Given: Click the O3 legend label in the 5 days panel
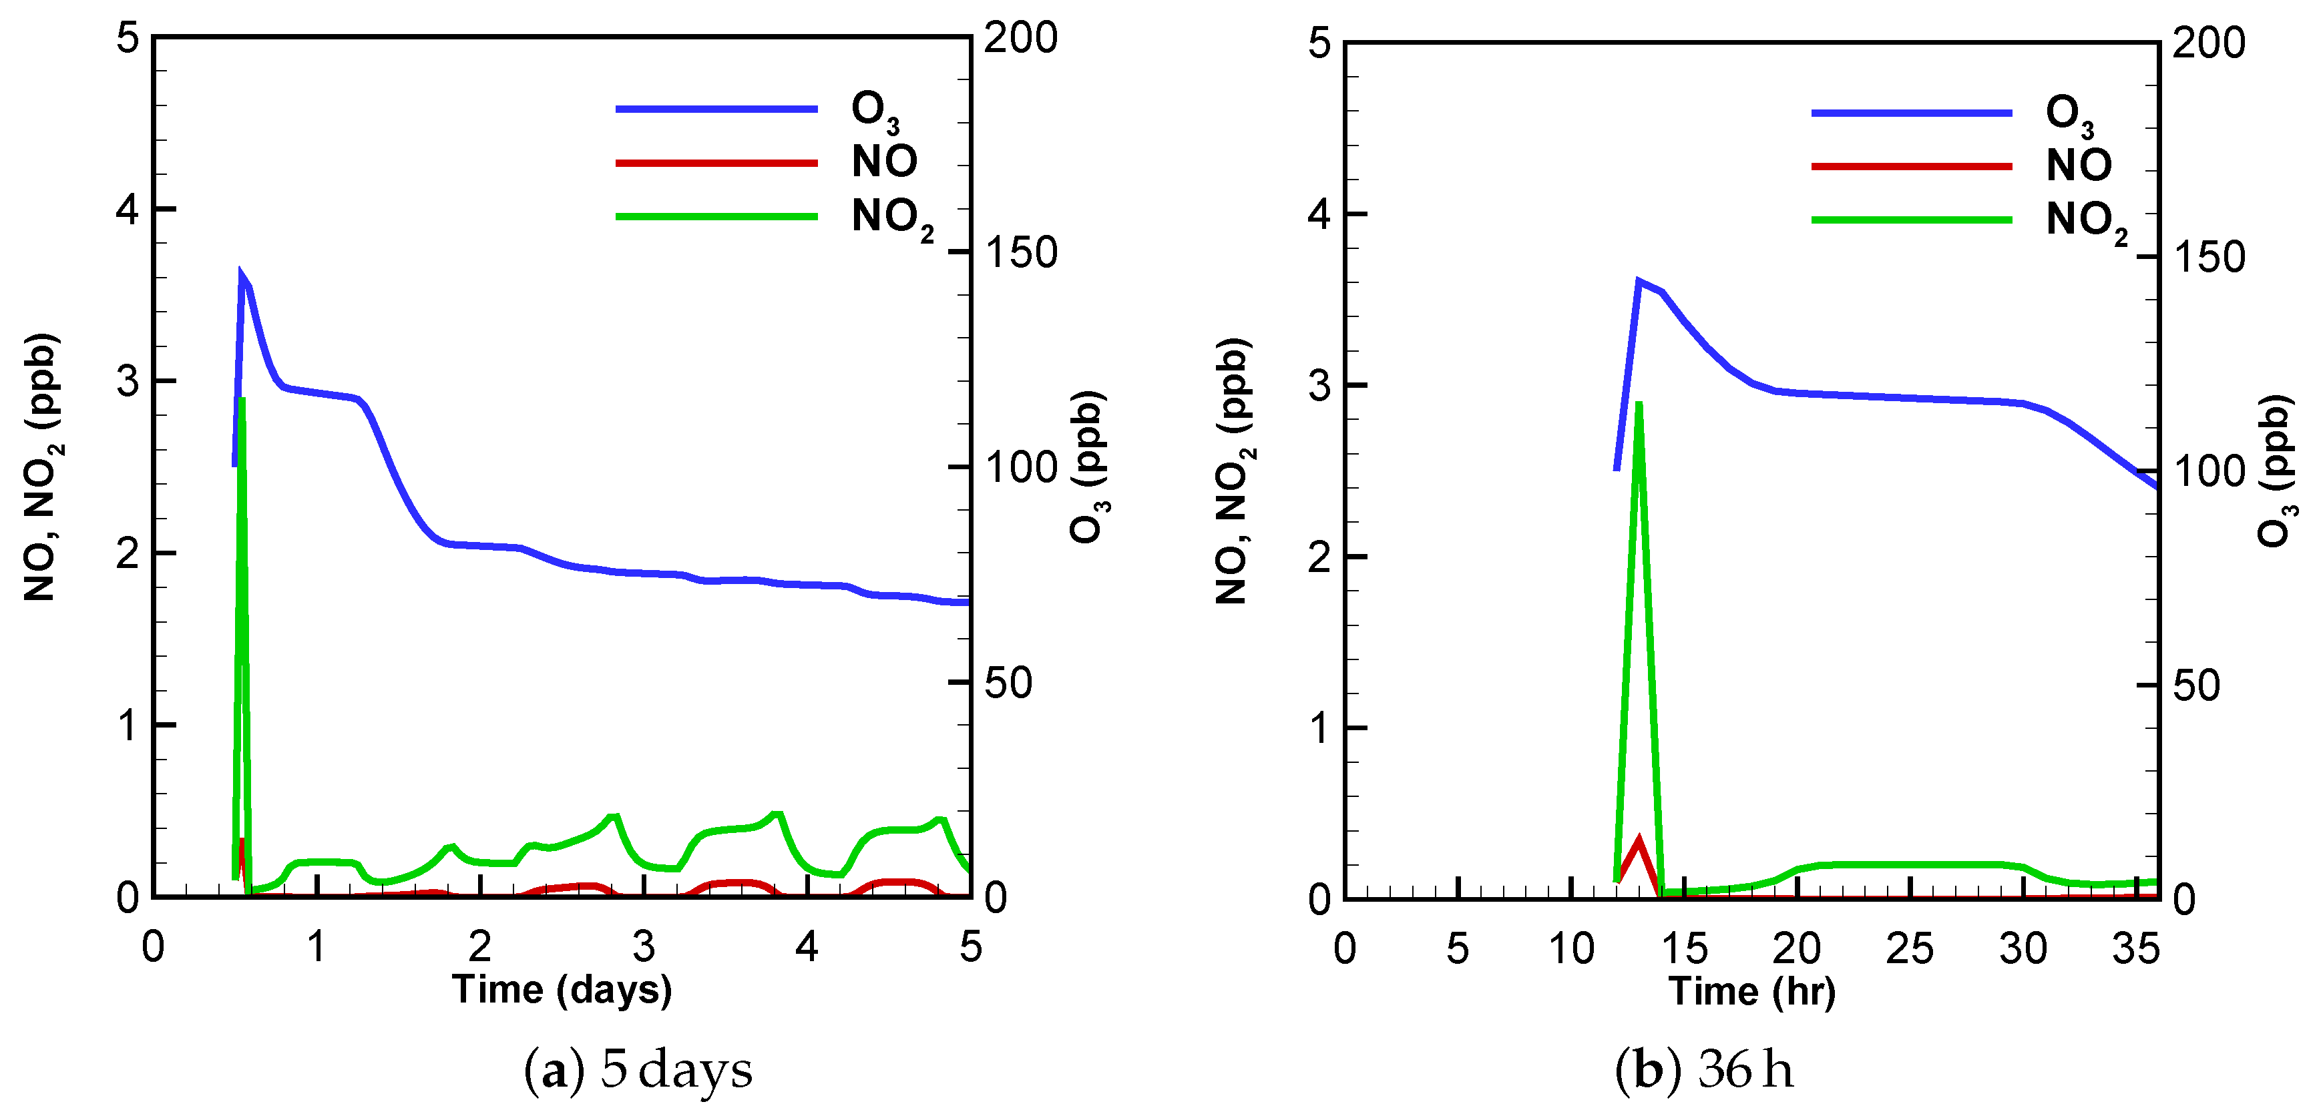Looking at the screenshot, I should pos(873,111).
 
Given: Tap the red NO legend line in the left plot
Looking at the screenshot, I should pos(716,163).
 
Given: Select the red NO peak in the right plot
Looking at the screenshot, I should pos(1639,840).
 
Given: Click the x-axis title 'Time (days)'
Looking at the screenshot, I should pos(562,990).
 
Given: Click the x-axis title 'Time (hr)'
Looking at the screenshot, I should pos(1752,992).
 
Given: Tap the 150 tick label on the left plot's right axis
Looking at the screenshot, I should pos(1020,253).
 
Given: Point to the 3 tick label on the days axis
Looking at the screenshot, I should pos(643,947).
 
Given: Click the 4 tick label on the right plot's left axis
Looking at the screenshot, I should pos(1319,214).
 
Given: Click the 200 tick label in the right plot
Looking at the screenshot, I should pos(2208,43).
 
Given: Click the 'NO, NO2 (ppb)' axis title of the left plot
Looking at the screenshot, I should pos(41,468).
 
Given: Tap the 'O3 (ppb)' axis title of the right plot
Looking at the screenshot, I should pos(2276,470).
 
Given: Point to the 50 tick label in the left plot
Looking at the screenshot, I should pos(1008,683).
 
